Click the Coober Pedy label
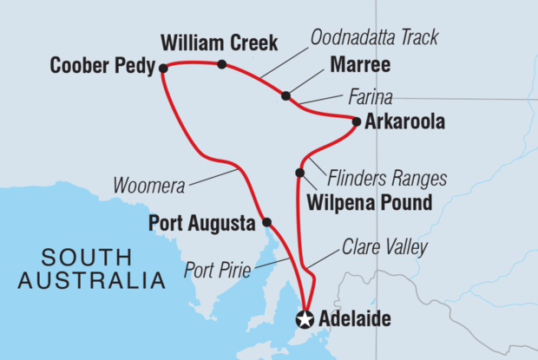point(99,66)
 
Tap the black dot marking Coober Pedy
point(162,68)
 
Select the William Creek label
point(219,42)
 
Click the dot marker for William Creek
point(222,64)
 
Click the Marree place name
point(359,66)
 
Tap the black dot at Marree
point(285,95)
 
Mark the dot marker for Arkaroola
point(357,121)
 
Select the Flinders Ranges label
point(387,179)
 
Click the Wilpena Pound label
point(370,205)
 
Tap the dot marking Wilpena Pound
point(299,173)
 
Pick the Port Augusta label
point(201,220)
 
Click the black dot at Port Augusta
point(266,221)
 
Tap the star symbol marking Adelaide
point(305,319)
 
